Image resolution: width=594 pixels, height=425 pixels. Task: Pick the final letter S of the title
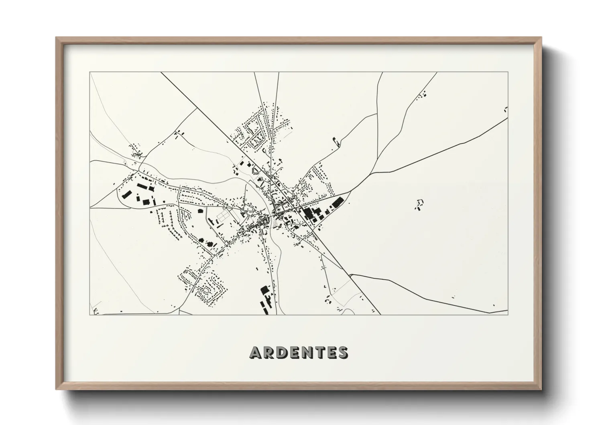coord(343,353)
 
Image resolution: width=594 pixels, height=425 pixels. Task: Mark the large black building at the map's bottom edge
coord(264,290)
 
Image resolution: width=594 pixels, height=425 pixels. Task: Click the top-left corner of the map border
coord(90,73)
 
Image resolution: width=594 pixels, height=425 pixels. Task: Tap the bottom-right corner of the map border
coord(508,315)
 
